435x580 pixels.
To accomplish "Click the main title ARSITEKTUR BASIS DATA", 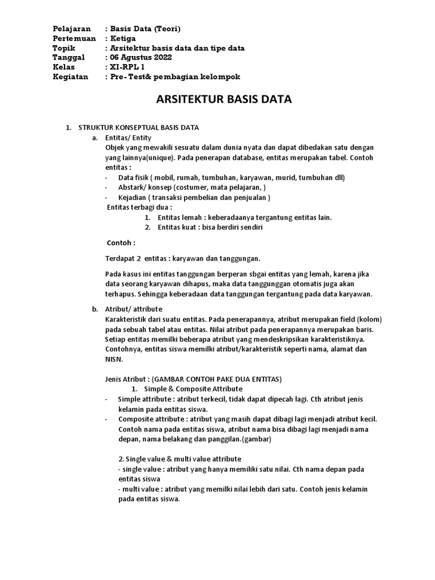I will pos(223,100).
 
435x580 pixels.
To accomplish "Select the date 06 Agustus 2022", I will pos(140,57).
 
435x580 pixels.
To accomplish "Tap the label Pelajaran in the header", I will pos(72,28).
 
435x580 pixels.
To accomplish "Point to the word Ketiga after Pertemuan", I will pos(123,38).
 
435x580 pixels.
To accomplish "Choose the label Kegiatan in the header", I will pos(71,76).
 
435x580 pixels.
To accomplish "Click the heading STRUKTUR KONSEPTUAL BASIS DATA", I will pos(138,127).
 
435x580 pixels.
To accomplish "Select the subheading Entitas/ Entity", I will pos(128,138).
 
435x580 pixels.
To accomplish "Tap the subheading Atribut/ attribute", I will pos(134,309).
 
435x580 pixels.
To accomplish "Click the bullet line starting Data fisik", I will pos(232,177).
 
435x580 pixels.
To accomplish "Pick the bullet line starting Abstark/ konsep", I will pos(192,187).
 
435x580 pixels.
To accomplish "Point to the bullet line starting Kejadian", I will pos(194,197).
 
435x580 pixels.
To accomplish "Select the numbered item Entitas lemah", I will pos(245,217).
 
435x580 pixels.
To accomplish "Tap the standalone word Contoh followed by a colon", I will pos(121,243).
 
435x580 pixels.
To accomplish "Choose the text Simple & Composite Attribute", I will pos(193,389).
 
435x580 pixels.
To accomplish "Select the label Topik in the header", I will pos(63,48).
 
